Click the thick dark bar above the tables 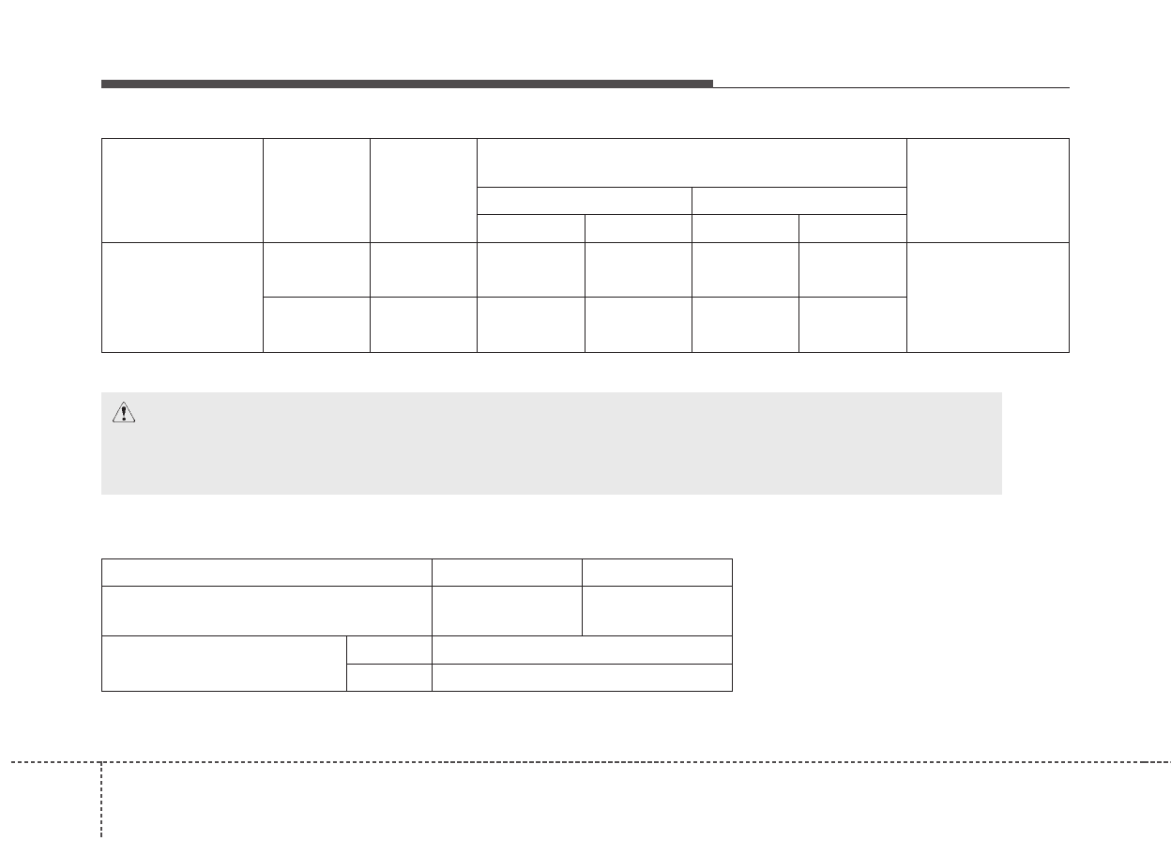pyautogui.click(x=406, y=84)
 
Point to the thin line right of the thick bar pyautogui.click(x=890, y=87)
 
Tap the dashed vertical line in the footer pyautogui.click(x=100, y=798)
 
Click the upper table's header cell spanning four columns pyautogui.click(x=692, y=162)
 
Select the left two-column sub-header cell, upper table pyautogui.click(x=585, y=201)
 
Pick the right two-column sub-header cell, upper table pyautogui.click(x=798, y=201)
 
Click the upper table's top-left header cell pyautogui.click(x=182, y=191)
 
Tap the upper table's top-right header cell pyautogui.click(x=987, y=191)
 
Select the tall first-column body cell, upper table pyautogui.click(x=182, y=298)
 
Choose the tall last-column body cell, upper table pyautogui.click(x=987, y=298)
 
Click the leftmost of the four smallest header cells pyautogui.click(x=531, y=228)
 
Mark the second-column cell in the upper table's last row pyautogui.click(x=316, y=325)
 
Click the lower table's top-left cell pyautogui.click(x=266, y=573)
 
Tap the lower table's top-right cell pyautogui.click(x=657, y=573)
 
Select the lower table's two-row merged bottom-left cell pyautogui.click(x=223, y=664)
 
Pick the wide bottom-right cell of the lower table pyautogui.click(x=582, y=678)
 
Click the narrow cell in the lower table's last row pyautogui.click(x=388, y=678)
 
